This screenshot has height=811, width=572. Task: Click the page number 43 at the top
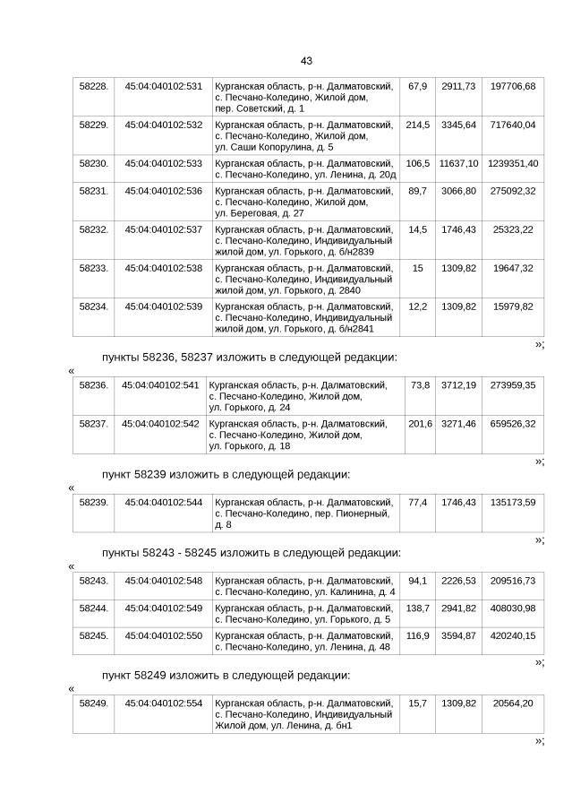coord(306,61)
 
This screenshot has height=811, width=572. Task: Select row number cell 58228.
coord(94,86)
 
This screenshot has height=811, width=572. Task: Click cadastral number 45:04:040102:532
coord(163,125)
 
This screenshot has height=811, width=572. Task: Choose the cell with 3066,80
coord(458,191)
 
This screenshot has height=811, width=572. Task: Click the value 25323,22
coord(513,229)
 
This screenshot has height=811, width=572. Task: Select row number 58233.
coord(94,268)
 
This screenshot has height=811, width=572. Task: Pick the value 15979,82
coord(513,306)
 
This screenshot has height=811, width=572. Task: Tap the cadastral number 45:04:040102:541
coord(160,384)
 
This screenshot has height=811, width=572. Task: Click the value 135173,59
coord(513,502)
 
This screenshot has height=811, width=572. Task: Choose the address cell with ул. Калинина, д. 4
coord(305,586)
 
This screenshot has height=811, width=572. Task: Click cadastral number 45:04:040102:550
coord(163,635)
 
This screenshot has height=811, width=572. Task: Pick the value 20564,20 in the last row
coord(513,703)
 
